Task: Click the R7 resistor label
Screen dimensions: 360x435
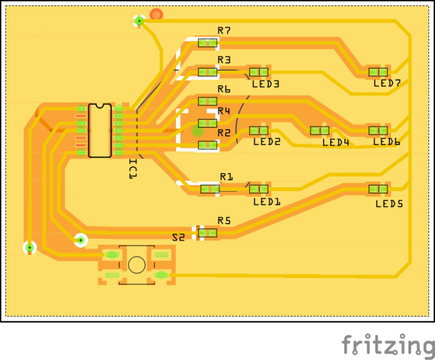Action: coord(224,30)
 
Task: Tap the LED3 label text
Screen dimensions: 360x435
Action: coord(266,84)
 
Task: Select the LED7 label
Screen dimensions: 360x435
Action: coord(387,84)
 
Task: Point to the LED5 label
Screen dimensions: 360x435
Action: coord(389,204)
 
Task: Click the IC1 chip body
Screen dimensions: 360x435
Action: coord(100,130)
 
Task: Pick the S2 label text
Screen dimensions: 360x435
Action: coord(178,237)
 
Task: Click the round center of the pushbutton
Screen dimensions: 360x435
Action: coord(136,264)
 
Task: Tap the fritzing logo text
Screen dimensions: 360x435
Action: coord(388,346)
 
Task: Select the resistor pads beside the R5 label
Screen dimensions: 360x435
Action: coord(208,233)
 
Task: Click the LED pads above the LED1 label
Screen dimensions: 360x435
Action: coord(259,189)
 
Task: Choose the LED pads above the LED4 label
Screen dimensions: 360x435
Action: coord(320,130)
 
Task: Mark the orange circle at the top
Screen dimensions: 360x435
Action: coord(156,14)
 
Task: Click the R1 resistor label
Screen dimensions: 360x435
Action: coord(227,177)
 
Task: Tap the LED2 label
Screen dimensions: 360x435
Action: coord(267,142)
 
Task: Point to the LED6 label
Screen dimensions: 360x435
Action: coord(386,142)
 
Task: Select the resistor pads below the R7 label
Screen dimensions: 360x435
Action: coord(207,43)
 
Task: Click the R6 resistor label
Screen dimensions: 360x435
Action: coord(224,89)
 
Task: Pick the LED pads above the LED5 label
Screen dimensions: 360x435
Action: coord(378,189)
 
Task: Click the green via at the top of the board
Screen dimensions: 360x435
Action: coord(139,21)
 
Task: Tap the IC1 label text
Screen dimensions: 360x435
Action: coord(133,168)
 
